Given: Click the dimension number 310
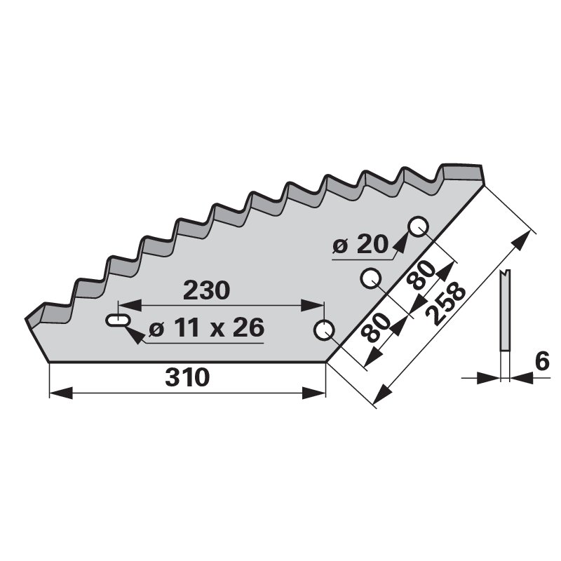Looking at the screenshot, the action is click(187, 378).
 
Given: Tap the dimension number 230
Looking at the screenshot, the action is click(206, 290).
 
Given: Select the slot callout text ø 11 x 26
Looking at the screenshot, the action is click(206, 327).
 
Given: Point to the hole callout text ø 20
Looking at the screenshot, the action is click(360, 245).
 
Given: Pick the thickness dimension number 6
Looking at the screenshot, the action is click(542, 361).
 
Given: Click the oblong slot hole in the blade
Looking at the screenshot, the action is click(117, 320).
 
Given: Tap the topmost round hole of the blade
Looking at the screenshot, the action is click(419, 227).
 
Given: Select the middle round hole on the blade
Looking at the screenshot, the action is click(370, 278).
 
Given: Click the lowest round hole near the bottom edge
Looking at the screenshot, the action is click(324, 330).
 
